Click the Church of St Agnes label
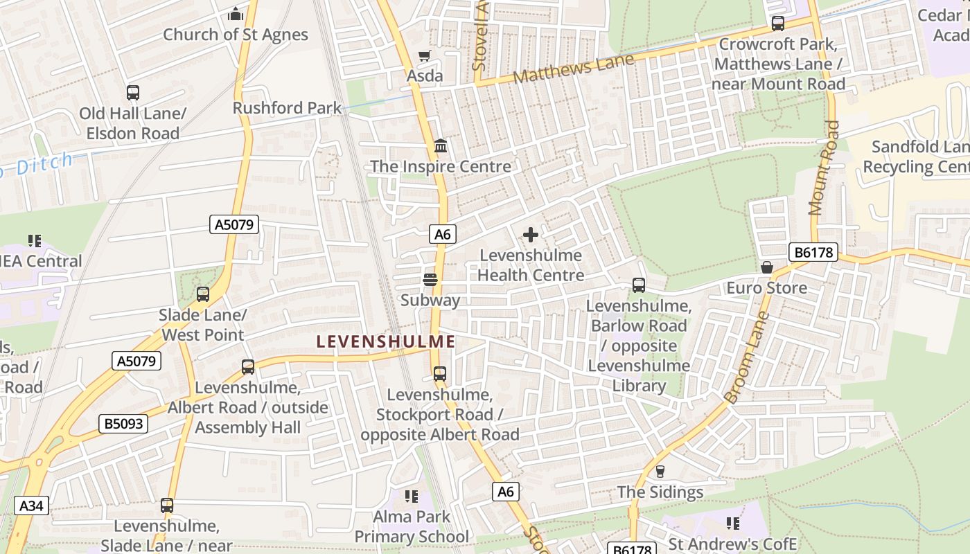236,35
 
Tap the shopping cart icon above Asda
424,55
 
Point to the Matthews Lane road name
574,69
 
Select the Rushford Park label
287,108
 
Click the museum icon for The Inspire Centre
441,146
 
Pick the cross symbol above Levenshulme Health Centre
531,235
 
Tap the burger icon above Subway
430,280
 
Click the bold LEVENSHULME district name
386,341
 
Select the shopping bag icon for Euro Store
767,267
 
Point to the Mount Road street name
824,168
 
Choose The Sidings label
660,492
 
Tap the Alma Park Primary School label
412,526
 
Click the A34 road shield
31,506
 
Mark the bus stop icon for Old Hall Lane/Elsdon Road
132,92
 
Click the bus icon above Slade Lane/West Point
202,294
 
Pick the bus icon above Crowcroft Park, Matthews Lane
778,24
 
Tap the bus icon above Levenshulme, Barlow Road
638,285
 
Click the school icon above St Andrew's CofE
732,523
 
